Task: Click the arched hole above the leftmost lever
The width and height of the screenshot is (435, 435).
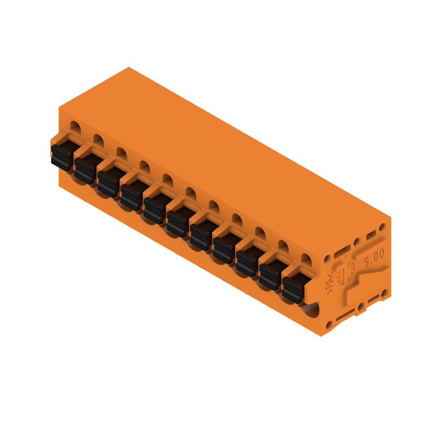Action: click(75, 128)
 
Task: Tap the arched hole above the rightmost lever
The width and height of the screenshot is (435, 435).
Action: click(306, 260)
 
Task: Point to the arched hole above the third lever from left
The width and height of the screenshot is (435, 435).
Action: click(121, 154)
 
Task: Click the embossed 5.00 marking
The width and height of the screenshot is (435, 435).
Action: click(374, 254)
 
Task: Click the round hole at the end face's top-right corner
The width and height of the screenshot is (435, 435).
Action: click(382, 227)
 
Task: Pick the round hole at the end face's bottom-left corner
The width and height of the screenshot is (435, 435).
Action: click(329, 325)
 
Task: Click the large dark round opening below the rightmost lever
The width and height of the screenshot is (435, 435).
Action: click(310, 310)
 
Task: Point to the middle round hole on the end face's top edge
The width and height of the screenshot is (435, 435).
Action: click(357, 242)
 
